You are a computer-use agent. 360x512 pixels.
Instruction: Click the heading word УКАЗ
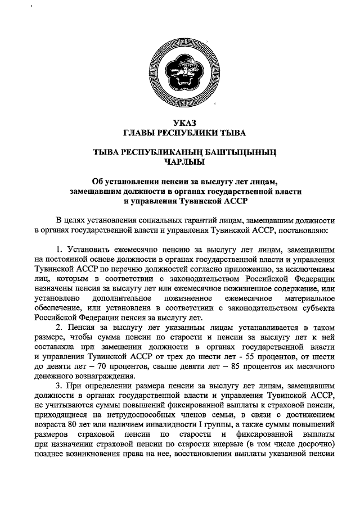pyautogui.click(x=181, y=124)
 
